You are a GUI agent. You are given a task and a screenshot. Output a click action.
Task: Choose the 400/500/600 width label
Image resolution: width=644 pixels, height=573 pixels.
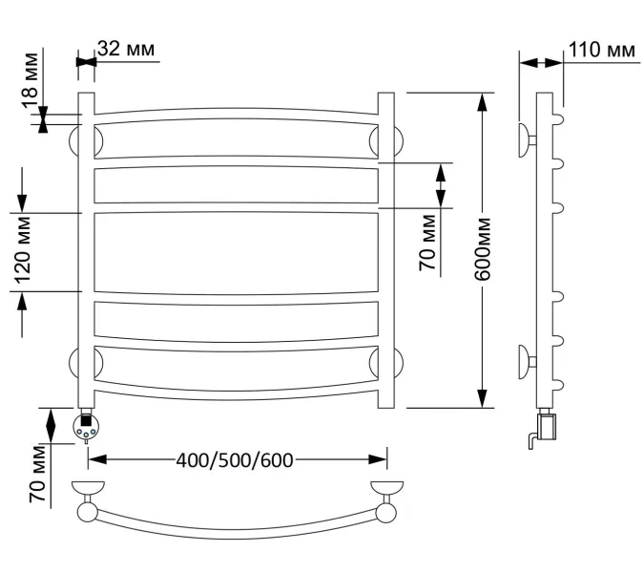(235, 460)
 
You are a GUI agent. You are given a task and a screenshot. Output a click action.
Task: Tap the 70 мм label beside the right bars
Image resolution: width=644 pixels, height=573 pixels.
(428, 243)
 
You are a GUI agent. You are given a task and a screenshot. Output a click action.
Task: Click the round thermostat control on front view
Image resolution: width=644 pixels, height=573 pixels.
(86, 427)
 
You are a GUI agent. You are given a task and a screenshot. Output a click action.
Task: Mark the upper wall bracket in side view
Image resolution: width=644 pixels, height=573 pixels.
(526, 139)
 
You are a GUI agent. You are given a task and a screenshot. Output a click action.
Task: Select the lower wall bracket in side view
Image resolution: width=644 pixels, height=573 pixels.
(526, 362)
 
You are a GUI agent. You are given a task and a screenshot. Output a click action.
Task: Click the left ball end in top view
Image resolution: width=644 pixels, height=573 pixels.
(87, 512)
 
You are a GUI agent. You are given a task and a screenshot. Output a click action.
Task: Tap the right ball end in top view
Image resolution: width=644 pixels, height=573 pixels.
(386, 512)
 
